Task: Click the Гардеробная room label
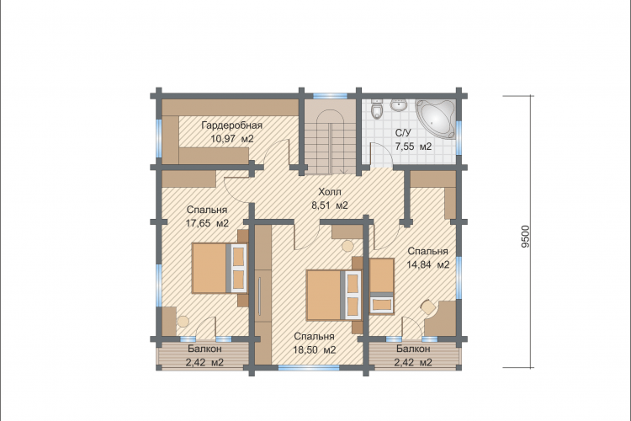point(232,125)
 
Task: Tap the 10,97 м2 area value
point(232,139)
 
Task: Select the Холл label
point(330,191)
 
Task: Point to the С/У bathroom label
point(403,133)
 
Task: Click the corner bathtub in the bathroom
point(437,118)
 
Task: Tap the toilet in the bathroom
point(377,108)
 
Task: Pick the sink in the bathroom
point(399,104)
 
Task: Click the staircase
point(330,137)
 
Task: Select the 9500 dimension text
point(526,236)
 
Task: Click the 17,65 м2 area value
point(207,223)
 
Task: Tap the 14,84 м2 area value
point(427,264)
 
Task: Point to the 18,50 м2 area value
point(315,350)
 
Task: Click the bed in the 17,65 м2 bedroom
point(220,268)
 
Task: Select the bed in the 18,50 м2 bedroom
point(334,296)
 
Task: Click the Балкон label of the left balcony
point(204,349)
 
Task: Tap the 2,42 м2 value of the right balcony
point(413,362)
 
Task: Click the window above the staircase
point(330,96)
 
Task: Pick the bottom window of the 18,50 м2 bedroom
point(309,367)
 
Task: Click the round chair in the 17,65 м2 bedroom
point(183,321)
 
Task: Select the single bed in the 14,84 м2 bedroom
point(381,285)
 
